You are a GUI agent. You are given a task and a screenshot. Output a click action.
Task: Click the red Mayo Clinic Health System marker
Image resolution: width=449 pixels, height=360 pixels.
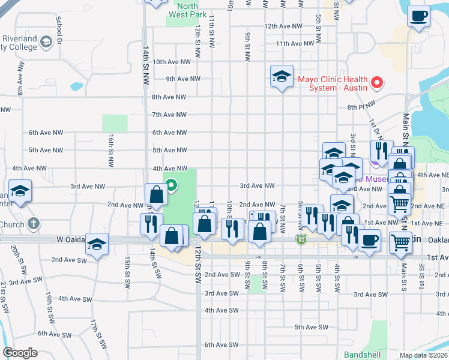point(378,82)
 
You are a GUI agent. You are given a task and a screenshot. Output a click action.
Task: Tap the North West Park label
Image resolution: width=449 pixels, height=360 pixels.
point(187,10)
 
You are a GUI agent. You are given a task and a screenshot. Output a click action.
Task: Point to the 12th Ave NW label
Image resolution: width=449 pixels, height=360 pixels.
point(284,26)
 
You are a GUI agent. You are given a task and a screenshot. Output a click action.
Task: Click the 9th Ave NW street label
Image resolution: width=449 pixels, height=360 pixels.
point(183,79)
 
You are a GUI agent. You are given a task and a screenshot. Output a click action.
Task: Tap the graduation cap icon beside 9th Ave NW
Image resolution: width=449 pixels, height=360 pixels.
point(282,77)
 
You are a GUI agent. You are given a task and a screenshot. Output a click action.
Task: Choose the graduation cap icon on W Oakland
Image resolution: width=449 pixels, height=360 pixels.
point(97,244)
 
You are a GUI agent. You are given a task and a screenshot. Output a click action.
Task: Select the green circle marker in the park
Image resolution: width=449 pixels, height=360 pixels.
point(170,185)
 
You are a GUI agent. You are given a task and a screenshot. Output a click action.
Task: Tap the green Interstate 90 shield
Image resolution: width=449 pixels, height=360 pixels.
point(301,240)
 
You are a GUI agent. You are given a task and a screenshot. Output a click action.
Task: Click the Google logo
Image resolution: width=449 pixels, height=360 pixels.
point(20,353)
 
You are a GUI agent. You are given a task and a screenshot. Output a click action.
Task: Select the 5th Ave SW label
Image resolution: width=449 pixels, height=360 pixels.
point(311,327)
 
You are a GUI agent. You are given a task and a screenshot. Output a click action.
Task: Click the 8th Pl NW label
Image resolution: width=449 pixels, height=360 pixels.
point(360,108)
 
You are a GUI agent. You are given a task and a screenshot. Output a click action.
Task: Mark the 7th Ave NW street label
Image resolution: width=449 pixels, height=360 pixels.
point(170,115)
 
